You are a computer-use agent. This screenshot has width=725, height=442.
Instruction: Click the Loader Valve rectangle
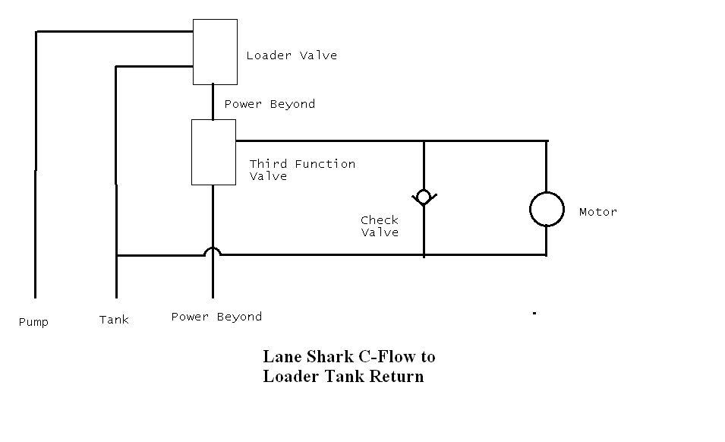point(215,52)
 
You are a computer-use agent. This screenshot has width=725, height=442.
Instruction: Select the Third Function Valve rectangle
point(213,152)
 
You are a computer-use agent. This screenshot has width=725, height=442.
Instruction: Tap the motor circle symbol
point(547,209)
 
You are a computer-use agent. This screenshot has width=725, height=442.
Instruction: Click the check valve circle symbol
point(423,197)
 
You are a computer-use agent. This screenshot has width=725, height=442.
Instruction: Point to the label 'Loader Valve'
point(292,55)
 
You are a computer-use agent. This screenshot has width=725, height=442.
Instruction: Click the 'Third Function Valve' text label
point(302,170)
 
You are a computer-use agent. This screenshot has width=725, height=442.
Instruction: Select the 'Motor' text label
point(598,212)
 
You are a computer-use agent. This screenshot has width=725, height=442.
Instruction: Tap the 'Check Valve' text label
point(380,226)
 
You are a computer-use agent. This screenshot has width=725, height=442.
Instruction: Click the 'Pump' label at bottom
point(33,322)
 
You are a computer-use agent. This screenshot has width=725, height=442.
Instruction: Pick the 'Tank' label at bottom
point(114,320)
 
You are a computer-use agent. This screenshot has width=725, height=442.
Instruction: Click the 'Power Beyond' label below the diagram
point(216,317)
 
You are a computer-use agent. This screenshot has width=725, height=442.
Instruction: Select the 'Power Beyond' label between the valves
point(270,104)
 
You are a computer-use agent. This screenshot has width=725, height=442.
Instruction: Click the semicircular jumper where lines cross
point(213,251)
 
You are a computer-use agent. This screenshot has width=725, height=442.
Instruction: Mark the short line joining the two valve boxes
point(213,102)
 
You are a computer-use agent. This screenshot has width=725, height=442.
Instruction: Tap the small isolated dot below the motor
point(534,312)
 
